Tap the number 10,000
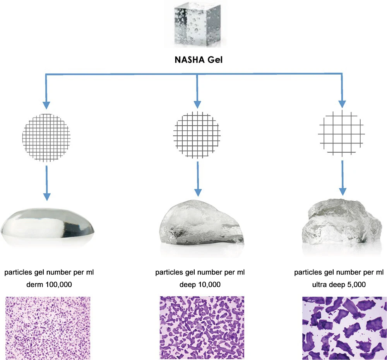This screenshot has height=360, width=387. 207,285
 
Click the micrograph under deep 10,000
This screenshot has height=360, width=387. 201,328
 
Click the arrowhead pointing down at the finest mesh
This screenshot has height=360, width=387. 46,105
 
